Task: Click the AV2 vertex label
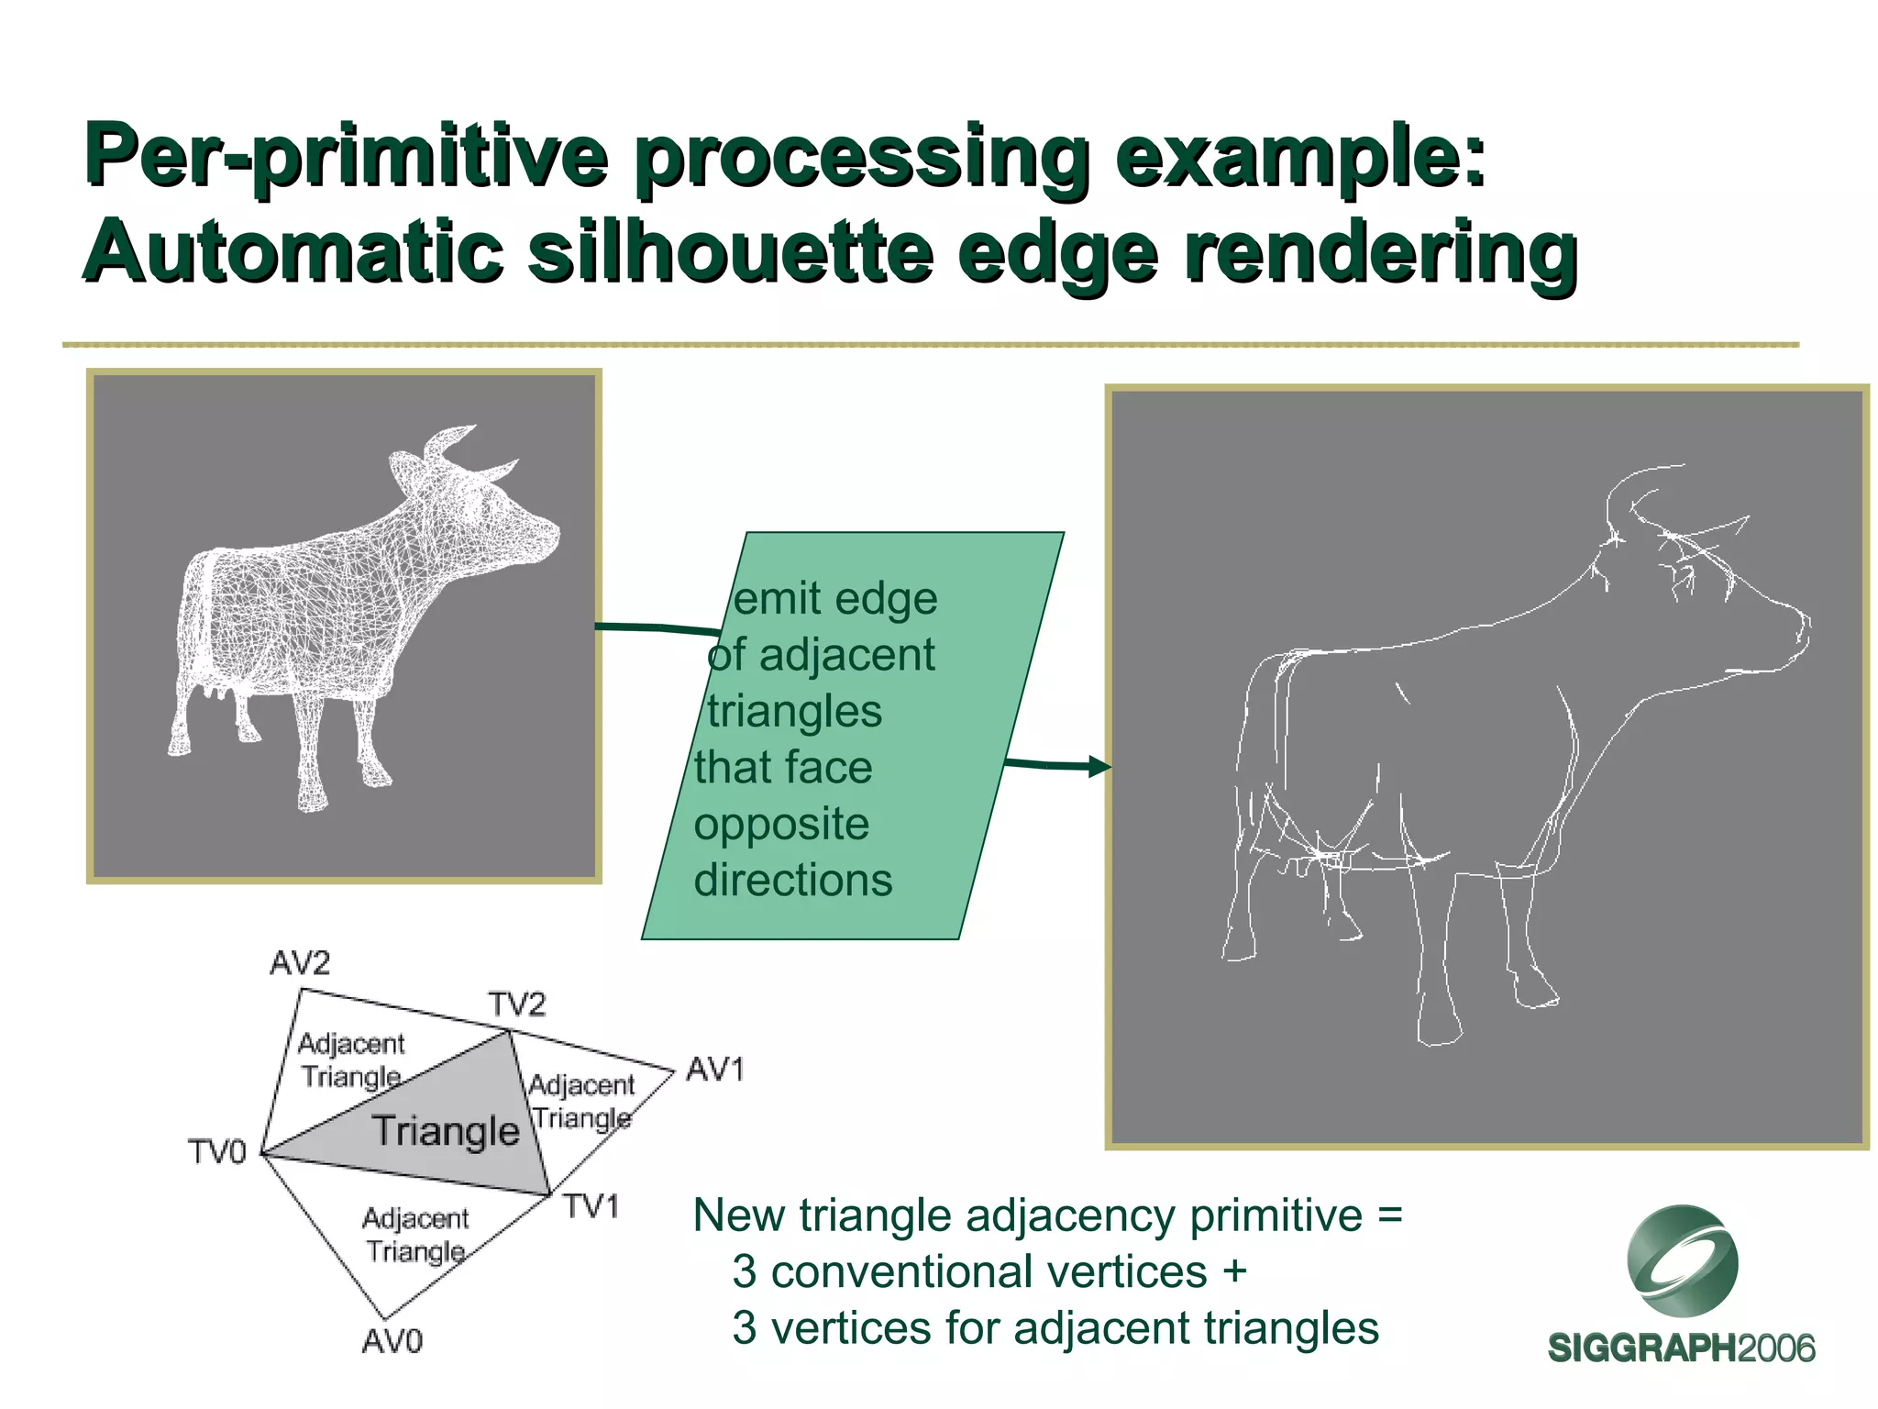pos(299,963)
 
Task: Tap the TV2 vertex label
pos(516,1004)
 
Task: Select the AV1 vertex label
pos(714,1070)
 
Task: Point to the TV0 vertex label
pos(217,1151)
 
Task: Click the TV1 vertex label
pos(591,1205)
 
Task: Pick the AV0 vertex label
pos(392,1342)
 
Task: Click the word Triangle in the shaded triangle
pos(446,1131)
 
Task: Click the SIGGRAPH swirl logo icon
pos(1682,1262)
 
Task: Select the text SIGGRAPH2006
pos(1681,1348)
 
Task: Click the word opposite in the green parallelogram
pos(781,824)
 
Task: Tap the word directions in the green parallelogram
pos(792,881)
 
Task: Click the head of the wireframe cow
pos(514,523)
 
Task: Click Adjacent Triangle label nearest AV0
pos(415,1235)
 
